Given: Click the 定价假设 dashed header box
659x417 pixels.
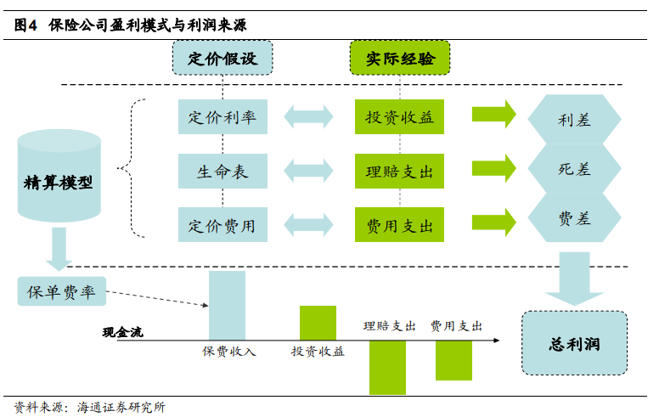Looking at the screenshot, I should [222, 58].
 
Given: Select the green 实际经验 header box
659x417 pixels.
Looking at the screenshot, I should [400, 58].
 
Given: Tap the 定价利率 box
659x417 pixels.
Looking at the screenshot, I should [222, 117].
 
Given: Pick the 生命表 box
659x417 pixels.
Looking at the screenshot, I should [222, 172].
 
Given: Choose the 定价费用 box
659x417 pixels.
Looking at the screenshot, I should [222, 226].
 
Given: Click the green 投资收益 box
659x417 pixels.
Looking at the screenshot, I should [399, 117].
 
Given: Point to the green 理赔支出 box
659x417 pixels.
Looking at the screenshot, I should [399, 172].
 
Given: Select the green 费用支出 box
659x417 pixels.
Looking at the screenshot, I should [399, 226].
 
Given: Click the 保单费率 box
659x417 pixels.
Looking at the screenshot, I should [61, 292].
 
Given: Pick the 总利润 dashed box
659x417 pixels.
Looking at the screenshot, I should [575, 344].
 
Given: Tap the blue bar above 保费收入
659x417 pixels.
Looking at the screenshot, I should [227, 306].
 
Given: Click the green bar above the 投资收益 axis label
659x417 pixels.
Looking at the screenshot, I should [318, 323].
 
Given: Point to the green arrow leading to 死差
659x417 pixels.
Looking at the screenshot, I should [493, 168].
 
